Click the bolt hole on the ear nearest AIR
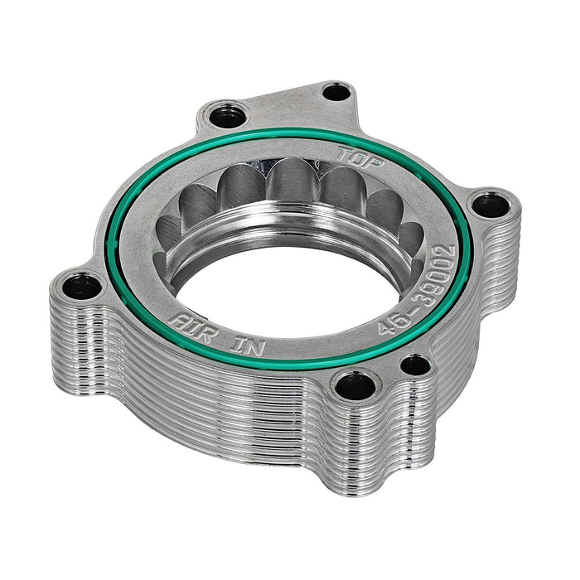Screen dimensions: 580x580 [x=82, y=287]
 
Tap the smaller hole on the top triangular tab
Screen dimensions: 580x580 [x=336, y=92]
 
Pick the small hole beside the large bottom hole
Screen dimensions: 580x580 [x=415, y=365]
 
